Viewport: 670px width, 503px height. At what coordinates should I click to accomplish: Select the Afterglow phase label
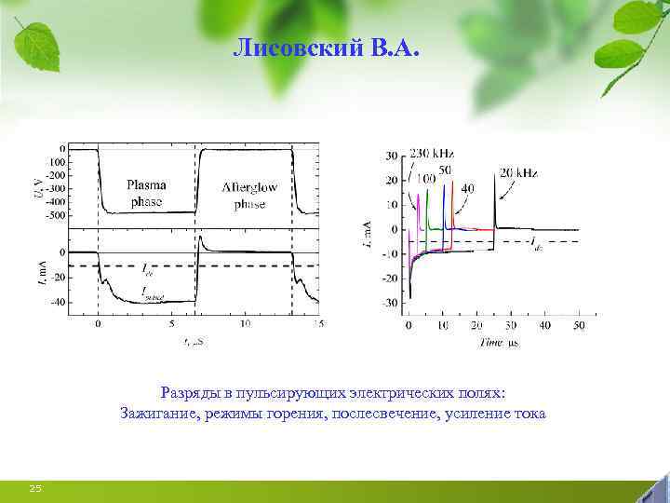[x=249, y=195]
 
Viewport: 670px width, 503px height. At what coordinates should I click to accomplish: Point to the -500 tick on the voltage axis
[x=56, y=215]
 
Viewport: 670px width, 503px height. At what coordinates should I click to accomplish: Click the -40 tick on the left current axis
[x=58, y=302]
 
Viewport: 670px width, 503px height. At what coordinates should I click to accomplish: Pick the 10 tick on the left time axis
[x=245, y=324]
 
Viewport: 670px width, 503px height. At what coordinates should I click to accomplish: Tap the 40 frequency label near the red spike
[x=467, y=188]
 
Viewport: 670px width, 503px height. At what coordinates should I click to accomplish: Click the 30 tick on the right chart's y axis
[x=393, y=156]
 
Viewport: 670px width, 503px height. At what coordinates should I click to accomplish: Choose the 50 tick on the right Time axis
[x=579, y=326]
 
